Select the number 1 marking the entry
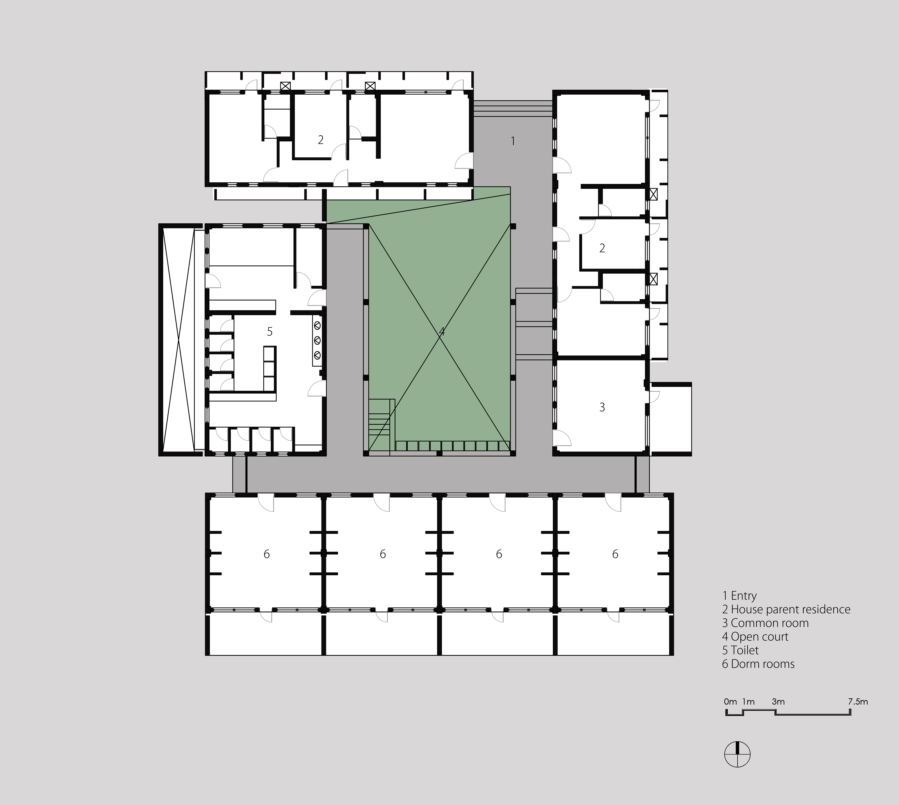(512, 141)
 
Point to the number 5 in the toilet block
(270, 331)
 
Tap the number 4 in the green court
(441, 331)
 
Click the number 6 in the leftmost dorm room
(267, 554)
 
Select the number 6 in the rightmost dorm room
(615, 554)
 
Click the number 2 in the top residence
(321, 140)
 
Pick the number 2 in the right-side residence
(602, 248)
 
